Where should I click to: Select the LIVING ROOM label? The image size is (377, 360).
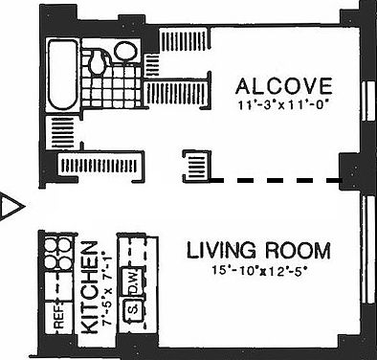point(258,252)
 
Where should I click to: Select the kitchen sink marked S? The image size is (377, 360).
point(134,310)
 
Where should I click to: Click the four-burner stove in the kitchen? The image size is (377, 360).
point(53,255)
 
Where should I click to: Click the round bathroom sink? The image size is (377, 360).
point(124,50)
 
